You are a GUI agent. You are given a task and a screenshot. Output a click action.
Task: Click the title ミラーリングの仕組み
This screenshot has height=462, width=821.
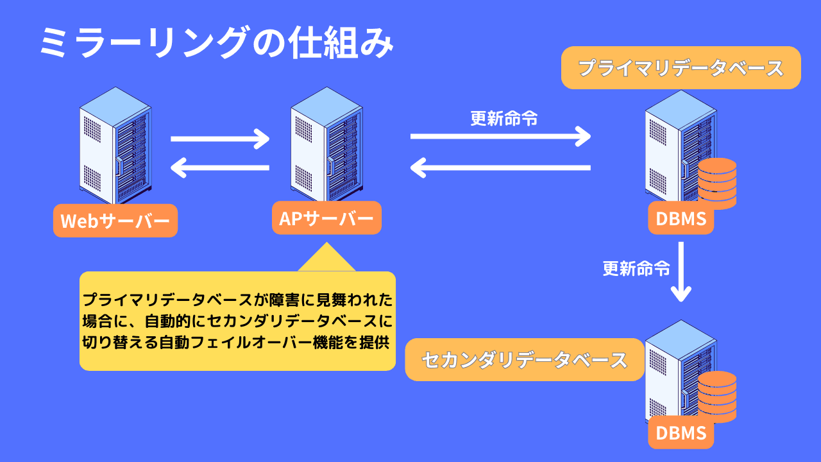point(216,44)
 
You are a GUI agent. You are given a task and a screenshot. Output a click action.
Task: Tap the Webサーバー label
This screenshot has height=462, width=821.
point(115,221)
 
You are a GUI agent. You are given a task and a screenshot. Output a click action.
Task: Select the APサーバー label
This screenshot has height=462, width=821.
point(326,218)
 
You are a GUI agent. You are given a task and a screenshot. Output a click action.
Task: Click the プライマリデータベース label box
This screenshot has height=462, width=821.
point(681,67)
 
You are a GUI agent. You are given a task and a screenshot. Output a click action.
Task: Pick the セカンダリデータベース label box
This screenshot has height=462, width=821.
point(524,360)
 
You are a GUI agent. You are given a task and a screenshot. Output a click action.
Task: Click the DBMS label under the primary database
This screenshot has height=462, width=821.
point(681,218)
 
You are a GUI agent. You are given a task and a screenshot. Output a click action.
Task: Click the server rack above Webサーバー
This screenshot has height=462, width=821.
point(115,146)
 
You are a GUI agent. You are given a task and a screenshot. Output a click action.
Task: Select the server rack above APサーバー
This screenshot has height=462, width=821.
point(326,146)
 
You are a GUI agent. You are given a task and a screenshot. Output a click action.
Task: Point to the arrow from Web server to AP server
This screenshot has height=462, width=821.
point(220,137)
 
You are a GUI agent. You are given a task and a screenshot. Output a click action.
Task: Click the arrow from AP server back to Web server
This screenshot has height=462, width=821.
point(220,168)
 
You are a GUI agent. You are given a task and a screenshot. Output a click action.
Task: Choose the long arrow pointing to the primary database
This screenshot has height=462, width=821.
point(500,136)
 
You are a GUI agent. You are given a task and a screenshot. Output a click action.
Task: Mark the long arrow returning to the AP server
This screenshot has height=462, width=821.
point(500,168)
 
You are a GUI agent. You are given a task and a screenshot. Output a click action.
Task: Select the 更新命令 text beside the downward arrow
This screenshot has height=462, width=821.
point(636,269)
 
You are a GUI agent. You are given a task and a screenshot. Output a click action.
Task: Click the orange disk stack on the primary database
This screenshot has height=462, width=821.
point(717,183)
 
